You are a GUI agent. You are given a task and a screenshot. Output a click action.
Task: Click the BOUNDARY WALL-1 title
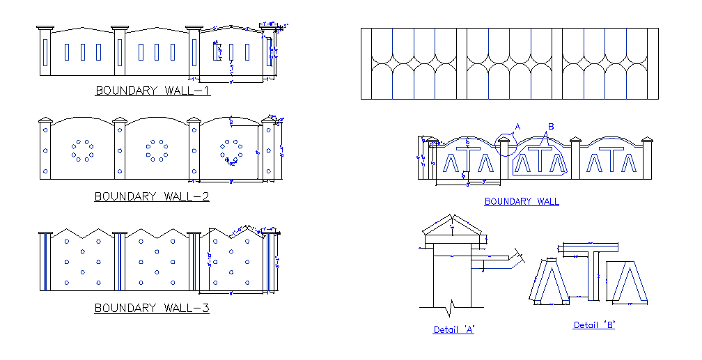tap(153, 91)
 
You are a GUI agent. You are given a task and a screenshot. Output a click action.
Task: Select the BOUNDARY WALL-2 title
tap(152, 196)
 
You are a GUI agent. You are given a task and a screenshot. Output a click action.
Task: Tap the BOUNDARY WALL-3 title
tap(152, 308)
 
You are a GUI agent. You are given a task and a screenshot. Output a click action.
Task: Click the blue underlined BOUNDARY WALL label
tap(522, 202)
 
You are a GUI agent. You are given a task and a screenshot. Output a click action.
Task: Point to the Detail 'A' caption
tap(453, 329)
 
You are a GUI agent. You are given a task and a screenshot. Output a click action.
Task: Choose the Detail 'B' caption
tap(594, 325)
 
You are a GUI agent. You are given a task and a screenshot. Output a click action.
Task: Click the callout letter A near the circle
tap(517, 127)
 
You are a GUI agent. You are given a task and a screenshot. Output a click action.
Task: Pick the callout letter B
tap(550, 127)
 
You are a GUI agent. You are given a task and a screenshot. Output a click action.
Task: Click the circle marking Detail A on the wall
tap(506, 143)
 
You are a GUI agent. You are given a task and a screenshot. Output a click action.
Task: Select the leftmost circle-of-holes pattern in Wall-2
tap(82, 150)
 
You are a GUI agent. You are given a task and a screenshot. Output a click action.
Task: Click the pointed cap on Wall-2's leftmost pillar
tap(46, 120)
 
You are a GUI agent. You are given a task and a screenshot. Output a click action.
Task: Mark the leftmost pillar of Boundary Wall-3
tap(45, 261)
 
